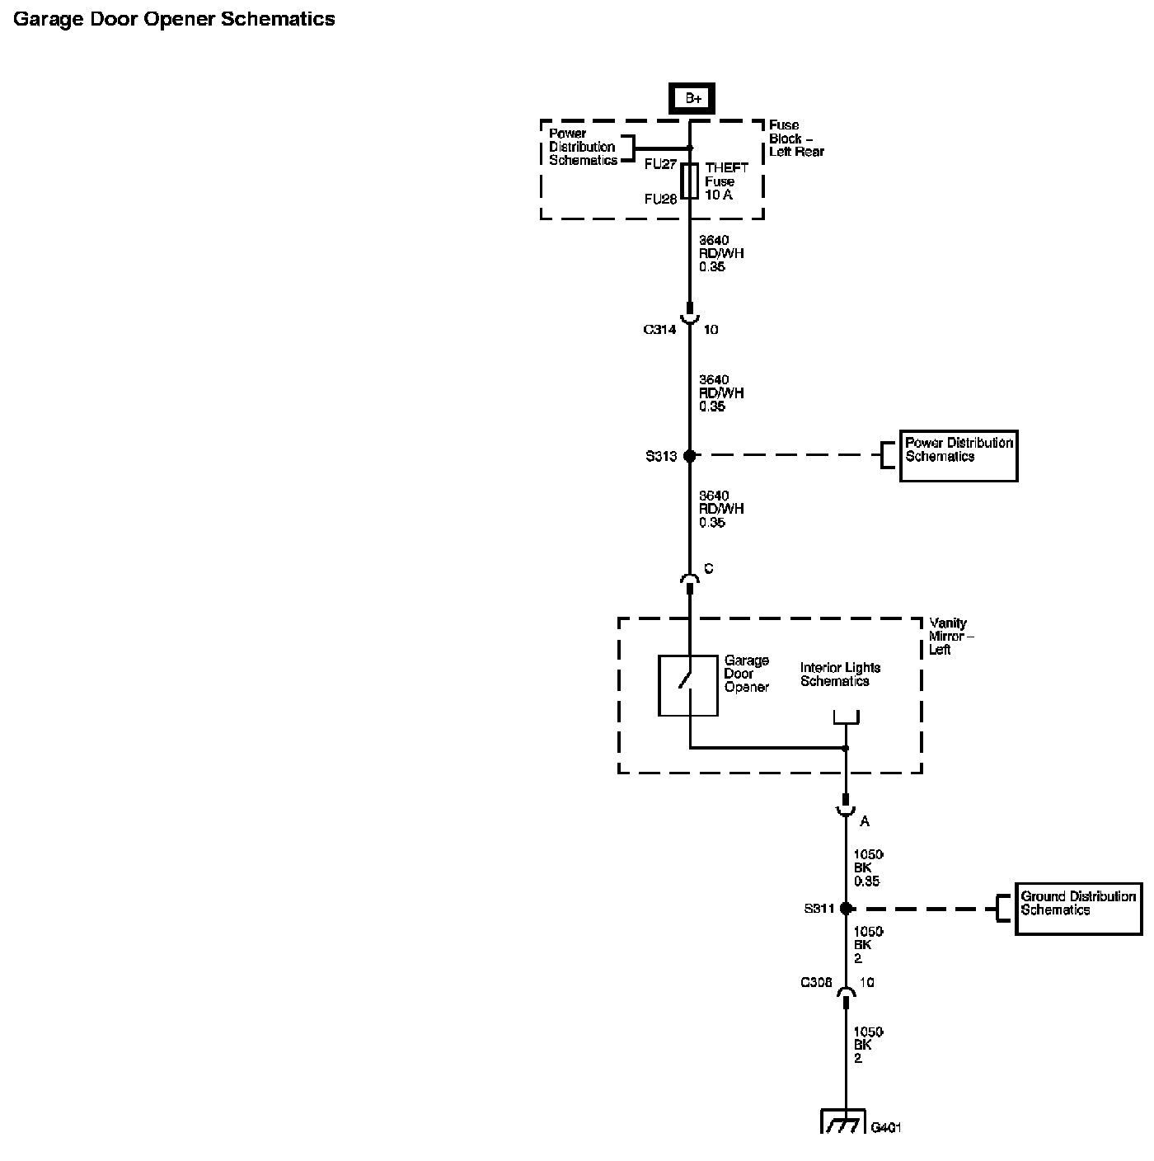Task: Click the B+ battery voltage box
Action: [x=692, y=99]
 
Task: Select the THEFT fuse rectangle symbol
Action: [x=691, y=181]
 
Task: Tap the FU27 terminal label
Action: [x=660, y=164]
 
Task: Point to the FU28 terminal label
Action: [x=660, y=199]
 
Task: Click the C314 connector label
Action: [x=659, y=330]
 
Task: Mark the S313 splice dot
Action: [x=690, y=455]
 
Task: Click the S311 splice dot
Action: [x=845, y=909]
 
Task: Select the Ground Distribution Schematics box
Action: [x=1078, y=909]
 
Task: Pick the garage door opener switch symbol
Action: [x=687, y=685]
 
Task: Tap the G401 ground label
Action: [x=885, y=1127]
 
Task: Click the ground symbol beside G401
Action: [x=843, y=1122]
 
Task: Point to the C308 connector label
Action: [x=816, y=983]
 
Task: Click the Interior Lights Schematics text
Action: [x=840, y=675]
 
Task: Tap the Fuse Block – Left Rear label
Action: [x=796, y=139]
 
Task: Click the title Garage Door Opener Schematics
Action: [x=175, y=19]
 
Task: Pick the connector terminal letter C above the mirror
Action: [x=708, y=569]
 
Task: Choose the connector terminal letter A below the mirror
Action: [x=865, y=821]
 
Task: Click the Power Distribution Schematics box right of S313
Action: [x=959, y=455]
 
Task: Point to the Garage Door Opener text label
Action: [x=746, y=674]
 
